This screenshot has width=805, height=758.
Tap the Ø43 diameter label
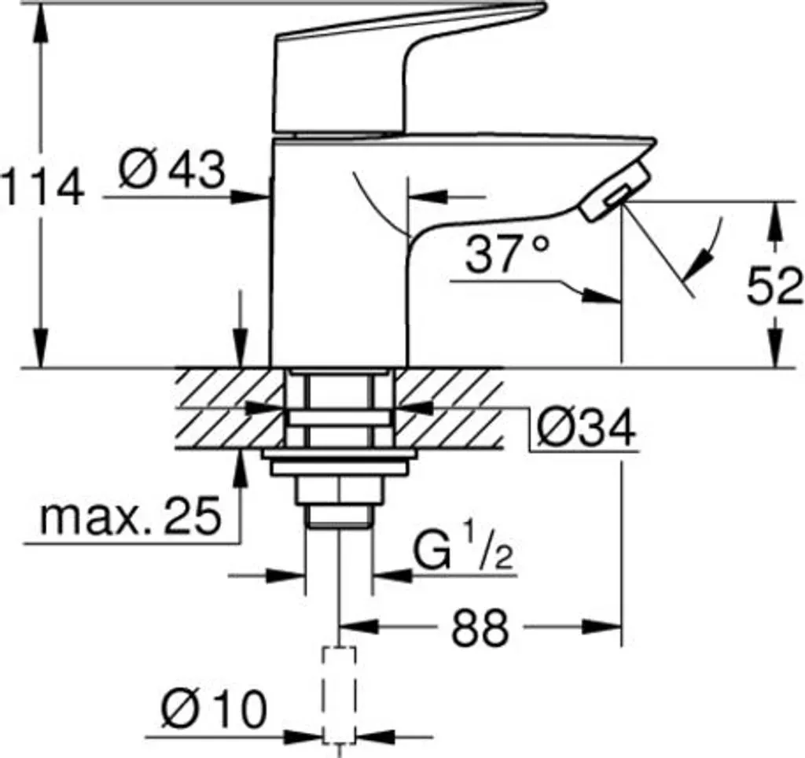coord(171,170)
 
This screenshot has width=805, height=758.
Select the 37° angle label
coord(508,254)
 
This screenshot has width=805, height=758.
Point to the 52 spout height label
coord(774,287)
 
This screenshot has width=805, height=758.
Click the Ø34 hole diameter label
coord(585,428)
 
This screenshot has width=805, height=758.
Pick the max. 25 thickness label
coord(131,515)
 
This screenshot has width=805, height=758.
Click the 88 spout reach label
coord(480,627)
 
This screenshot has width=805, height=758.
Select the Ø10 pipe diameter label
coord(214,709)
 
